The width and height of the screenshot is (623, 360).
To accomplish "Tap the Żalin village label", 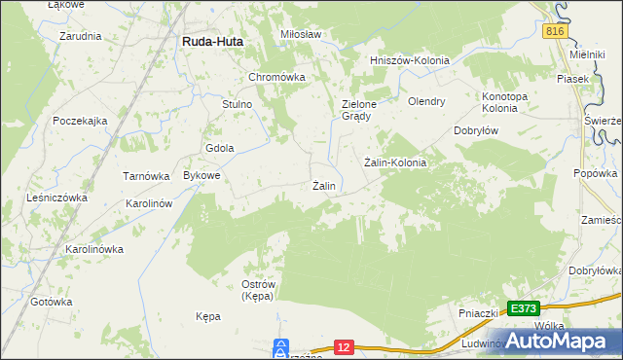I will (x=324, y=186).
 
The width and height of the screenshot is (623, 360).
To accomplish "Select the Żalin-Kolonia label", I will (x=395, y=162).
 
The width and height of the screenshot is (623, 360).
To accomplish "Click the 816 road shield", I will (x=555, y=31).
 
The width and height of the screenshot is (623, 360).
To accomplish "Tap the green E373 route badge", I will (x=523, y=308).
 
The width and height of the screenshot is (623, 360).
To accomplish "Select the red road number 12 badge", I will (x=343, y=346).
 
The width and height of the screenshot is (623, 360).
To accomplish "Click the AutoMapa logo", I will (x=564, y=340).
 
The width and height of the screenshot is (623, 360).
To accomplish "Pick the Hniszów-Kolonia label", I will (x=410, y=60).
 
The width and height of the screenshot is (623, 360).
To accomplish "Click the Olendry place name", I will (x=426, y=100).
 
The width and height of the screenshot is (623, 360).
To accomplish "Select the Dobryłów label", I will (x=477, y=130).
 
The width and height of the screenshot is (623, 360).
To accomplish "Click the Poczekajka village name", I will (x=80, y=121).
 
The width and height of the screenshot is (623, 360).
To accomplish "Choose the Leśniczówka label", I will (x=55, y=197).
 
